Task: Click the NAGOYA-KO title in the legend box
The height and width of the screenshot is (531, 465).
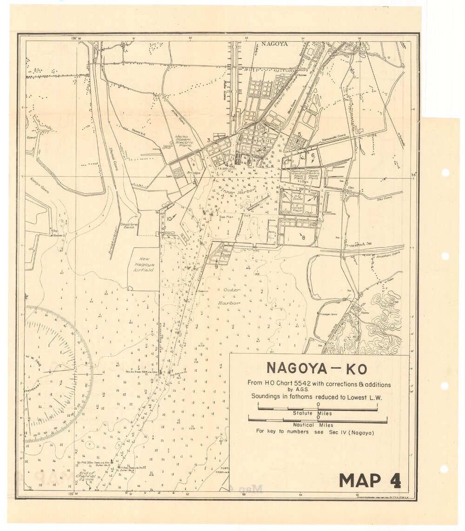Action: point(317,369)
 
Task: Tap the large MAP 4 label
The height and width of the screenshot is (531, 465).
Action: point(370,480)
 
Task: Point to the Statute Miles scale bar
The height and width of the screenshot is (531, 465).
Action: point(318,409)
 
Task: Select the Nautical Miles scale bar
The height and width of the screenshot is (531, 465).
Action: point(318,421)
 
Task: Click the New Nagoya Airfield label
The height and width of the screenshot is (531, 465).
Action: point(144,263)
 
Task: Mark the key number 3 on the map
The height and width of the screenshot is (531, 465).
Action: point(209,140)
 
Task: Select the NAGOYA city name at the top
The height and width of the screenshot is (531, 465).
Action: point(274,44)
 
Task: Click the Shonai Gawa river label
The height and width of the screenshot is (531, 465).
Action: point(113,159)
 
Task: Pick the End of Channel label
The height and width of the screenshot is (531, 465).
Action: point(86,476)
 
